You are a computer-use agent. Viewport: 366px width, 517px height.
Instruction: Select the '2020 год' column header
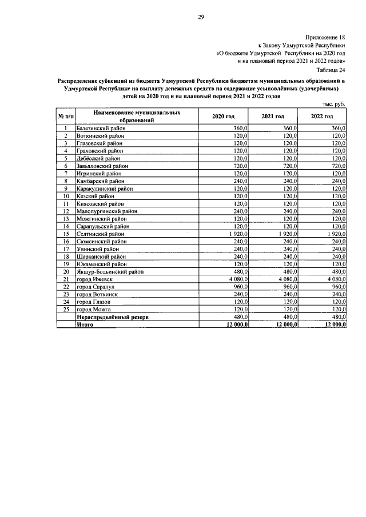(x=223, y=117)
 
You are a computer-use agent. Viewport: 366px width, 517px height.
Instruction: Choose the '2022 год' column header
(x=322, y=117)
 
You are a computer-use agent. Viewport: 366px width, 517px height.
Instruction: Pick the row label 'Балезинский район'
(x=101, y=129)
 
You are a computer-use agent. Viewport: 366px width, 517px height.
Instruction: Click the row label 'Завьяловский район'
(x=102, y=166)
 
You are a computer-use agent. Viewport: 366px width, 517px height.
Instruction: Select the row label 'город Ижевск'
(x=94, y=279)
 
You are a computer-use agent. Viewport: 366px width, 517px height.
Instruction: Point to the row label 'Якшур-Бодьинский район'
(x=109, y=271)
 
